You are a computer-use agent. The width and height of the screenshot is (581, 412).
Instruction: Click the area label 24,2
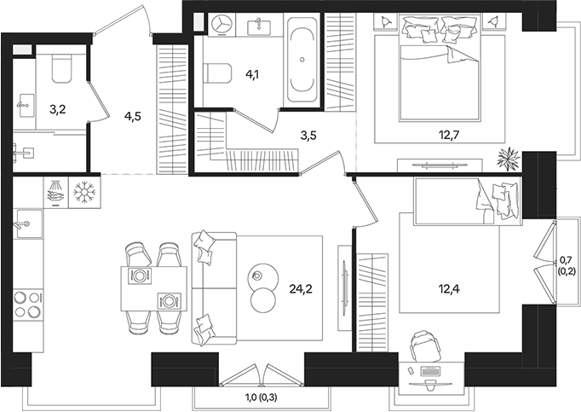tap(300, 288)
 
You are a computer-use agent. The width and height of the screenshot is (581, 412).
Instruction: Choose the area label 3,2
tap(58, 108)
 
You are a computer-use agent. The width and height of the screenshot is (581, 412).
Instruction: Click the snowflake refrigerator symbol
tap(83, 192)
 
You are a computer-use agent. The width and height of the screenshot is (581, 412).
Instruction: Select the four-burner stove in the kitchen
tap(27, 305)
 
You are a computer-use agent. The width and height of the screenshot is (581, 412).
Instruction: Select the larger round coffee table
tap(263, 299)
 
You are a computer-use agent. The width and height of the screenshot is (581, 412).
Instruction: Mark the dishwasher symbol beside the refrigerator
tap(54, 192)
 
